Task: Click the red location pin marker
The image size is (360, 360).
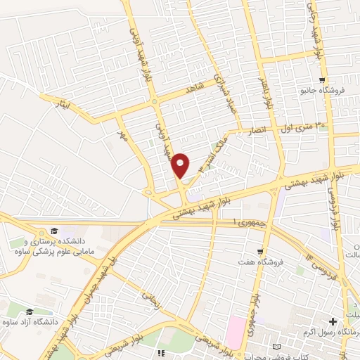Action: pyautogui.click(x=181, y=165)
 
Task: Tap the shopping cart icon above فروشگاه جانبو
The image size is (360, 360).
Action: pyautogui.click(x=321, y=79)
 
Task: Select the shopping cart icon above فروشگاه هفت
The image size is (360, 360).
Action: pyautogui.click(x=260, y=252)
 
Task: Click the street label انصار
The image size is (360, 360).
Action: pyautogui.click(x=255, y=130)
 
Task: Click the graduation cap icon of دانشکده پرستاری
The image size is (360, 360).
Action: pyautogui.click(x=54, y=231)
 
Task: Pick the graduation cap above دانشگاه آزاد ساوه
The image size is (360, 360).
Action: pyautogui.click(x=30, y=311)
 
